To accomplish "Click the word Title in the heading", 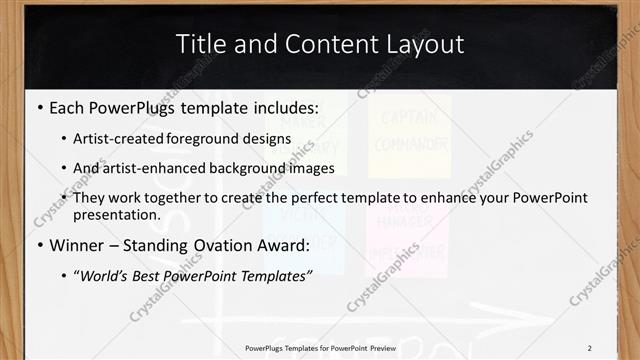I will tap(200, 44).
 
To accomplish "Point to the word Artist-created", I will tap(117, 139).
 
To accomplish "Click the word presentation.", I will tap(116, 215).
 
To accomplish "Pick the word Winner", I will tap(79, 246).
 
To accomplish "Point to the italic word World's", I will tap(106, 277).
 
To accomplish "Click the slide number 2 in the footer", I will tap(589, 347).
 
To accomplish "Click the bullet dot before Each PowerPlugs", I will tap(39, 107).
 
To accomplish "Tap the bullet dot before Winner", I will tap(39, 246).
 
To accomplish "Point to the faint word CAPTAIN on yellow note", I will tap(409, 116).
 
